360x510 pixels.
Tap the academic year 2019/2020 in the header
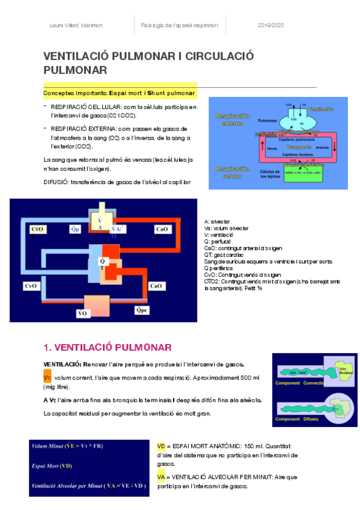point(270,26)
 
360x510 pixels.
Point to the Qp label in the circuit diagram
point(76,229)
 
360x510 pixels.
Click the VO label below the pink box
point(84,312)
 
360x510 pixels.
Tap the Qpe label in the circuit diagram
point(142,310)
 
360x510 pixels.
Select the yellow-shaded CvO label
point(37,229)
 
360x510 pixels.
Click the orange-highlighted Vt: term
point(47,377)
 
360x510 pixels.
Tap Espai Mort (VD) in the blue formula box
point(52,465)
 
